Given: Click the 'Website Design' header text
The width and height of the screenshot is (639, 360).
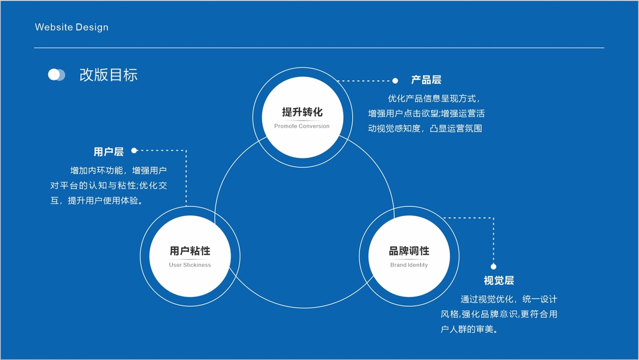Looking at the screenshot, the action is tap(71, 27).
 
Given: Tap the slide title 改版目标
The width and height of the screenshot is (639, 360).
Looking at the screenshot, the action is tap(109, 75).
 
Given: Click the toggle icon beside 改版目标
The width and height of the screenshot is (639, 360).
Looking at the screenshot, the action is tap(56, 74).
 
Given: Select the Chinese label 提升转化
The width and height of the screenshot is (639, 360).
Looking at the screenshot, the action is tap(302, 112).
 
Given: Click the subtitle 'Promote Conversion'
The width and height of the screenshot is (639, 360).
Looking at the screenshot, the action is tap(302, 126).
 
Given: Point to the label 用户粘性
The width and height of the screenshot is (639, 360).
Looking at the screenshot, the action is tap(190, 251).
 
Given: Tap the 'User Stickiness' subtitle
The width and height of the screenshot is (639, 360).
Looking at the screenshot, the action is tap(190, 265).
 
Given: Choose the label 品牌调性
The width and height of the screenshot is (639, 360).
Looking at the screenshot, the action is tap(409, 251).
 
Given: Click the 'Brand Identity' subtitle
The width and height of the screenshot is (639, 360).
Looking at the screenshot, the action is tap(409, 265).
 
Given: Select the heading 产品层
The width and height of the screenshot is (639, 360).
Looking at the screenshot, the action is tap(426, 80).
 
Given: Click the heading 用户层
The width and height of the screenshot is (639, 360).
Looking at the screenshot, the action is tap(109, 152).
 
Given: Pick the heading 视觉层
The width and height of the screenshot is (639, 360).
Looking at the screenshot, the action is tap(499, 281).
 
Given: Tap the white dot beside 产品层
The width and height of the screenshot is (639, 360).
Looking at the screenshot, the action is tap(395, 80).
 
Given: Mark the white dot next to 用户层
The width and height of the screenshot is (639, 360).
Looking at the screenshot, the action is tap(134, 151).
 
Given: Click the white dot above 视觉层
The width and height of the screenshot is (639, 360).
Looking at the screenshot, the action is tap(493, 266).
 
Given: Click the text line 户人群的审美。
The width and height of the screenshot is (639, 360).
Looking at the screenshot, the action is tap(470, 329).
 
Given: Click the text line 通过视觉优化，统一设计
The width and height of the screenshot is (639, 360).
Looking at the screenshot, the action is tap(509, 299).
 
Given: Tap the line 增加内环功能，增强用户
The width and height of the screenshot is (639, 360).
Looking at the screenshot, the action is tap(118, 170).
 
